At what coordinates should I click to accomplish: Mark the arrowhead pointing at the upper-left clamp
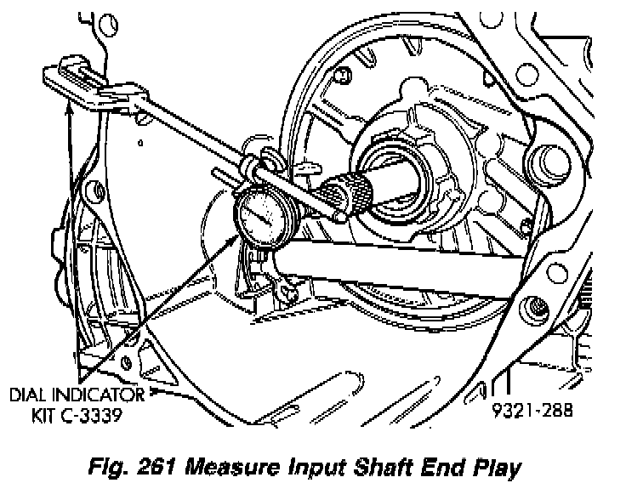coord(69,107)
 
